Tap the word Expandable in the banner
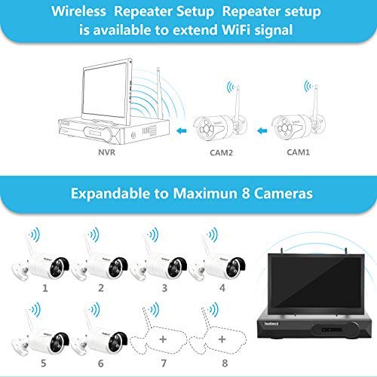click(x=110, y=193)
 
